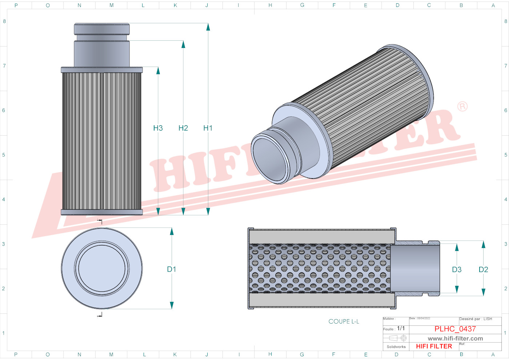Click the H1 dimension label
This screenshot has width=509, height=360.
click(208, 128)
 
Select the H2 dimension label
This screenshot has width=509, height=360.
click(183, 128)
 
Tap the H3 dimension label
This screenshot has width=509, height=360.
click(158, 128)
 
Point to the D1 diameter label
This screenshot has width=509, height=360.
click(172, 269)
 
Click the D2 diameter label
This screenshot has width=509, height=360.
click(483, 269)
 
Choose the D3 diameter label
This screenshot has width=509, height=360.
click(457, 269)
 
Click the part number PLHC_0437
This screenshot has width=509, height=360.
click(455, 329)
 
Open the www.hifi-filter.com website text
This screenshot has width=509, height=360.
click(455, 339)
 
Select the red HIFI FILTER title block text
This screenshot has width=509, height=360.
click(434, 346)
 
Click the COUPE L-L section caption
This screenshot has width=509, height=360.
click(344, 321)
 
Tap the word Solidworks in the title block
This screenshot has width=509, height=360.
click(396, 347)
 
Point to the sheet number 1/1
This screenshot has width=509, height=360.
click(401, 328)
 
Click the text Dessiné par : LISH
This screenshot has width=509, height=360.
click(476, 319)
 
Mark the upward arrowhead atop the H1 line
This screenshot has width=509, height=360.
click(208, 27)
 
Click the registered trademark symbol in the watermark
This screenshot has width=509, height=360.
click(462, 107)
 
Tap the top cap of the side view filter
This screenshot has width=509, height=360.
click(102, 29)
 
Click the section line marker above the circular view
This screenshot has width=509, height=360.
click(100, 221)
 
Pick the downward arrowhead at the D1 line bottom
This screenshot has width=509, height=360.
click(172, 305)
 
